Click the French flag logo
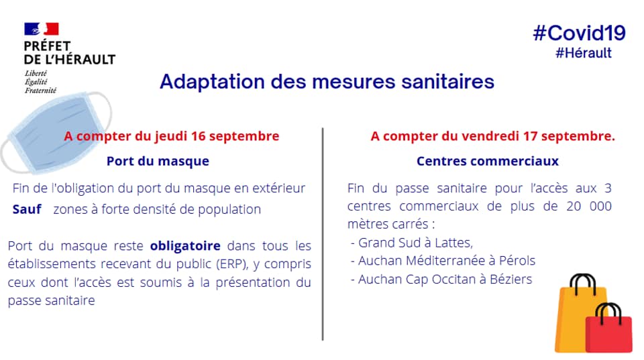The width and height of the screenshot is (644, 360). (42, 29)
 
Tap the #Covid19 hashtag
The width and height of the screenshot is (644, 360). (579, 33)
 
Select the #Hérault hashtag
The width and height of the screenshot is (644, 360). (583, 53)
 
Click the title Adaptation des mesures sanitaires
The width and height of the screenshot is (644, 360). (327, 81)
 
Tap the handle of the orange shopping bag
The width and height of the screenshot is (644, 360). (582, 283)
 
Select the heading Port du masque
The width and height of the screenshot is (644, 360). (158, 161)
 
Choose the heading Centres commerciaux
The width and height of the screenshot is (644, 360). (488, 161)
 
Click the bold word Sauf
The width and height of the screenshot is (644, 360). (27, 209)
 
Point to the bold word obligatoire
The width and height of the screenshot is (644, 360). (185, 246)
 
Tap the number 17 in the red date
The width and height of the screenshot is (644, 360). (530, 136)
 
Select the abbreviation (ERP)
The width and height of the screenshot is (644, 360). (233, 264)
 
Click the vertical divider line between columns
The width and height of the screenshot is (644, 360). (323, 234)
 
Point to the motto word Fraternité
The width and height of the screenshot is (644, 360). (40, 91)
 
